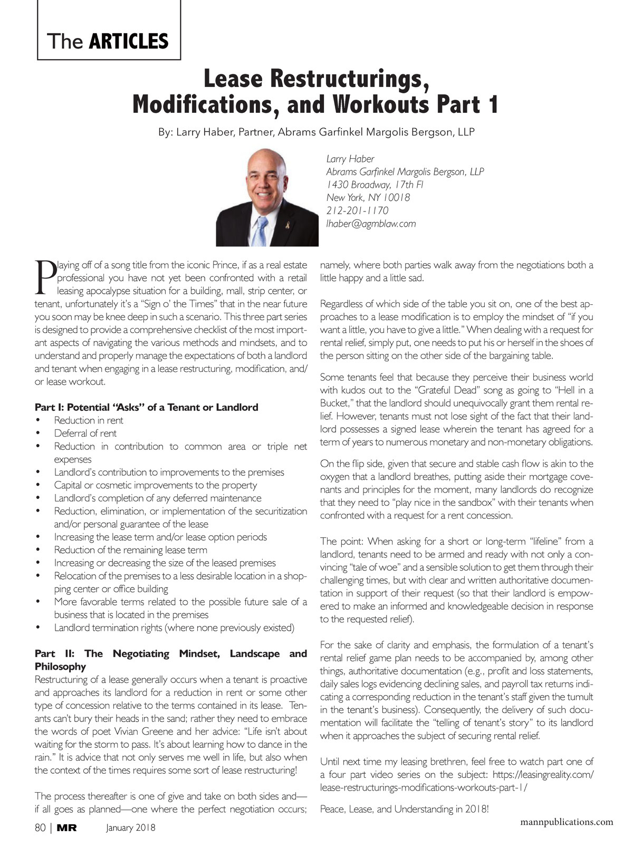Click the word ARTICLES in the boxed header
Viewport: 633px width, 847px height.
point(129,41)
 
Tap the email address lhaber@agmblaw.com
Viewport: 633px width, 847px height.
point(371,224)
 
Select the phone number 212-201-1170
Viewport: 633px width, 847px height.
point(357,210)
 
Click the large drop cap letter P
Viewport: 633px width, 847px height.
point(44,275)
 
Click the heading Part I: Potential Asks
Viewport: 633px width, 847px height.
point(146,407)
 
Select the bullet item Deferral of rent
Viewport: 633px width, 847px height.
point(85,433)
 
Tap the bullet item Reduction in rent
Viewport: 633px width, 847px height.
point(89,420)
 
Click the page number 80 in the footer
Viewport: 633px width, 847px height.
point(40,827)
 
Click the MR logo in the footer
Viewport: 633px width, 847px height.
point(67,828)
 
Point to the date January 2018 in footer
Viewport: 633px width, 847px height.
point(131,828)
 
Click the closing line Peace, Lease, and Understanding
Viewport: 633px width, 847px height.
point(405,809)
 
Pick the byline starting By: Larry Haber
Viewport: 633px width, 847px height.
point(316,132)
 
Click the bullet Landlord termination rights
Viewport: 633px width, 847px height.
point(174,628)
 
